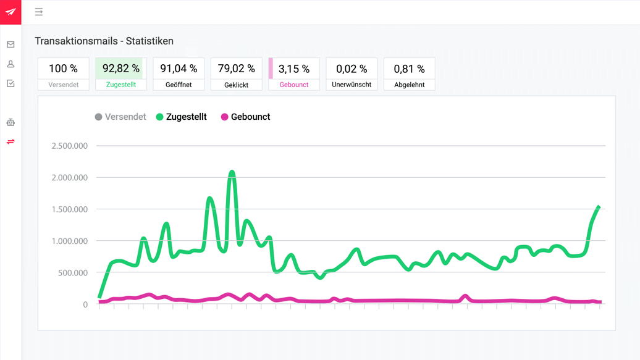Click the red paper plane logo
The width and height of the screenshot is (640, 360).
[11, 12]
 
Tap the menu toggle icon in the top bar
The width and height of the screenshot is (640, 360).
[39, 12]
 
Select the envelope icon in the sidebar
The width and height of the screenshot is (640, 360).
[11, 44]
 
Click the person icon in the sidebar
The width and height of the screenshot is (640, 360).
[11, 64]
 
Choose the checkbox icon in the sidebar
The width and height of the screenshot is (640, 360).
[11, 83]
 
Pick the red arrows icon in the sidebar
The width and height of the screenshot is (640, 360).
[11, 142]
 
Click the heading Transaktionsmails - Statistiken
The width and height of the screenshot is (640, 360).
[104, 41]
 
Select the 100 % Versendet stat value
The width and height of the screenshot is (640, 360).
[63, 69]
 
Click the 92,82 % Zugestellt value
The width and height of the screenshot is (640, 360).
[120, 69]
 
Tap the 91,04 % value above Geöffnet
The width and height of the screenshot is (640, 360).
[179, 69]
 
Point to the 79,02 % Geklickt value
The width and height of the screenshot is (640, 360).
[236, 69]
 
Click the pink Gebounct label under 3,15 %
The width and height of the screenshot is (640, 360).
[294, 85]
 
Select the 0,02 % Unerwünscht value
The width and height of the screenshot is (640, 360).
[352, 69]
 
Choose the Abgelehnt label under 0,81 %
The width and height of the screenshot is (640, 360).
[409, 85]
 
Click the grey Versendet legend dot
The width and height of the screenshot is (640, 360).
[98, 117]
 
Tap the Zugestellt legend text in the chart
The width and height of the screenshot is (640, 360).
[186, 117]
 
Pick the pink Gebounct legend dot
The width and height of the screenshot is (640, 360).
[224, 117]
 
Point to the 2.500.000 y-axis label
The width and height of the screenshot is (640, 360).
[69, 146]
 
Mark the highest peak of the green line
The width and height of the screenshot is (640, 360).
[232, 172]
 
